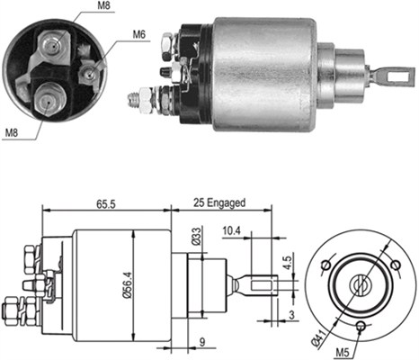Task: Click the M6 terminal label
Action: click(x=139, y=34)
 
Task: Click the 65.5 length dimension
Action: click(x=105, y=204)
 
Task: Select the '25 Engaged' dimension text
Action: click(x=219, y=203)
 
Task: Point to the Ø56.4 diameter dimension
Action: click(x=128, y=284)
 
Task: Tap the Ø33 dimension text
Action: click(x=196, y=237)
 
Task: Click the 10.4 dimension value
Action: click(x=231, y=230)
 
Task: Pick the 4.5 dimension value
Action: click(x=287, y=263)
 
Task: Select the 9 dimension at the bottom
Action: click(x=202, y=342)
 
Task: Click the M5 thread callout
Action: click(x=343, y=352)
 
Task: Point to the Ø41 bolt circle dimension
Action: click(x=318, y=339)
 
